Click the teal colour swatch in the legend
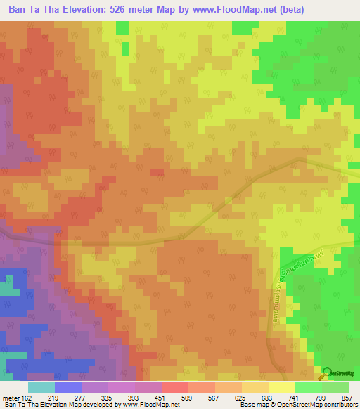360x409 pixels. point(41,387)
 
